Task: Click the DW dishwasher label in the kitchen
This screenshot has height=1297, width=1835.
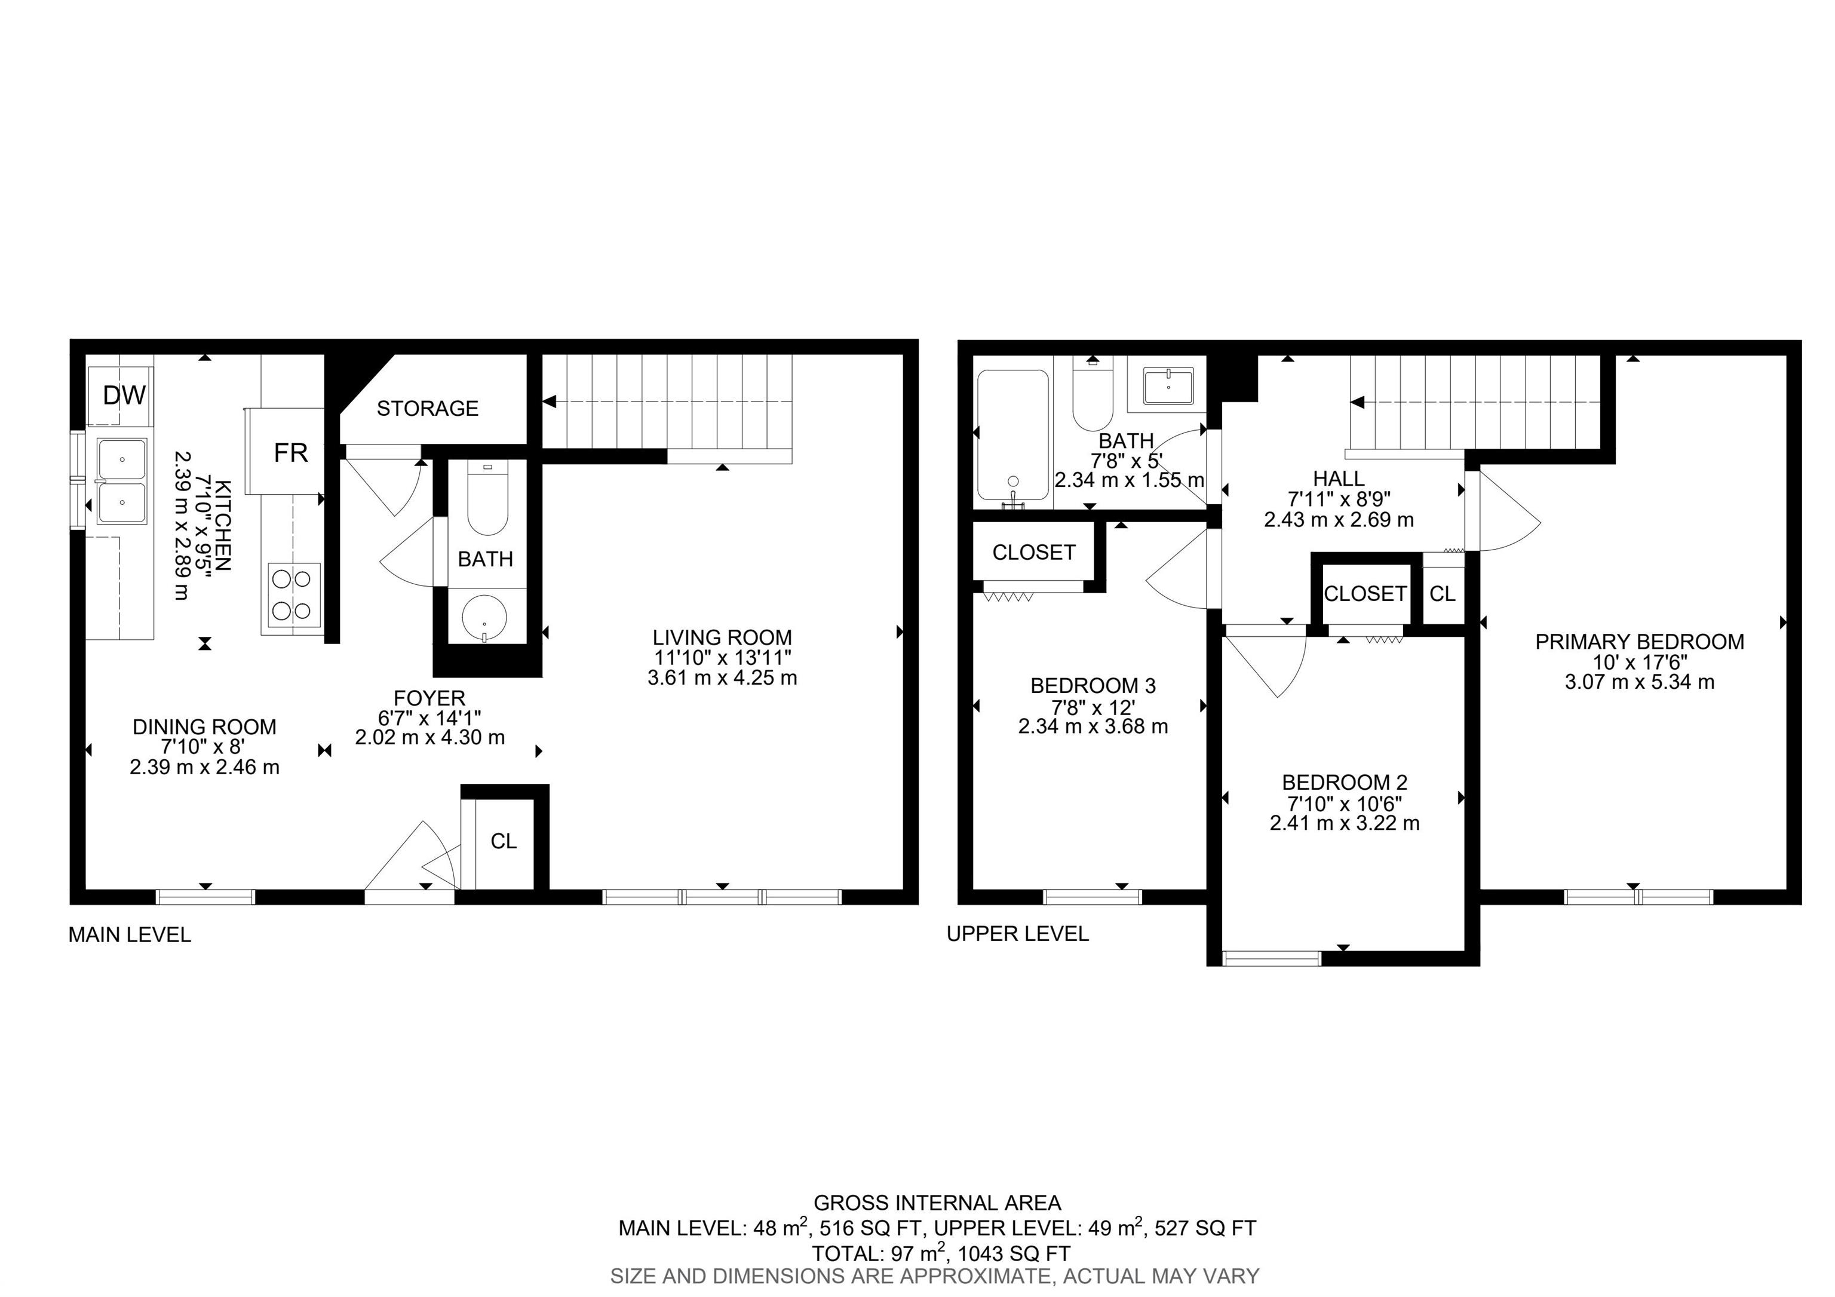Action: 125,395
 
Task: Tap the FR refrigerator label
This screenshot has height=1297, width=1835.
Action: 291,453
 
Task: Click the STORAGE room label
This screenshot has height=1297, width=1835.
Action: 428,409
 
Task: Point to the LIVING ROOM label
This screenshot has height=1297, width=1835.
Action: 722,637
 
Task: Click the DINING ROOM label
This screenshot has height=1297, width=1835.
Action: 205,727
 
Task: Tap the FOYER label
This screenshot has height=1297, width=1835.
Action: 429,698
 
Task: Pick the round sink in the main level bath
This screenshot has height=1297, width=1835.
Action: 484,618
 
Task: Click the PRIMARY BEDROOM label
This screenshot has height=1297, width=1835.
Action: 1639,642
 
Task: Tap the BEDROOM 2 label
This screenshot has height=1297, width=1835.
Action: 1344,783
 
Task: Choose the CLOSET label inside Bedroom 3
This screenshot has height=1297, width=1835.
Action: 1033,552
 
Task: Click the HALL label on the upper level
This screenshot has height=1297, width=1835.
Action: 1339,479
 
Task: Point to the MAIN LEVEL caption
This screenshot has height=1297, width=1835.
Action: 130,935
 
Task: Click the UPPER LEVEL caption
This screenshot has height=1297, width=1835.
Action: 1017,933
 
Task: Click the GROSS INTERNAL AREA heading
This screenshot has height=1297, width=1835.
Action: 937,1203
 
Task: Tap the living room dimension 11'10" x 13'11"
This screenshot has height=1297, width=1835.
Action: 722,658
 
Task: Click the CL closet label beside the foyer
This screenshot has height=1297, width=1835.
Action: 504,841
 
